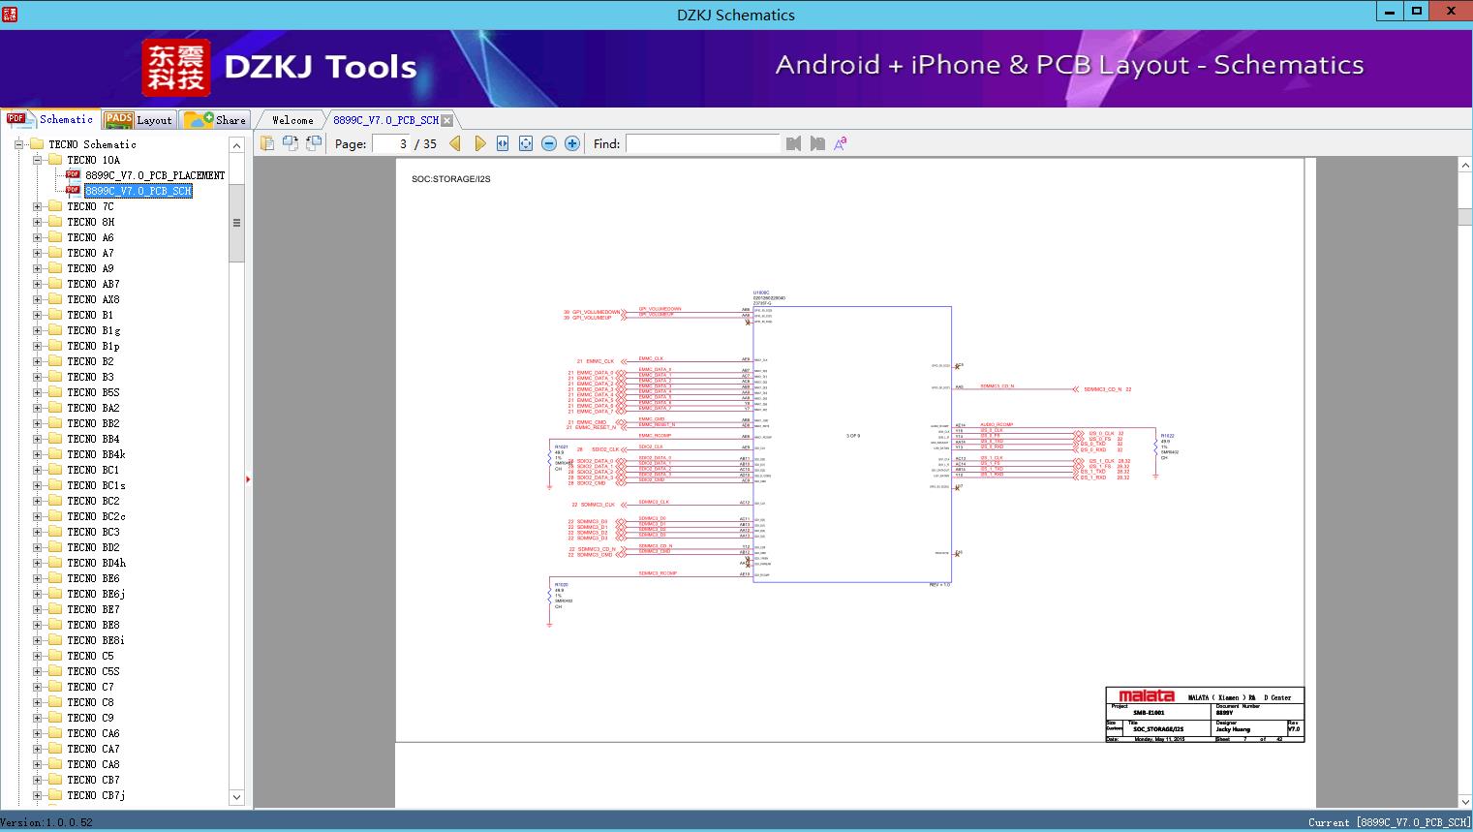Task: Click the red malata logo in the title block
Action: click(1146, 695)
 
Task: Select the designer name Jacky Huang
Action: click(1233, 729)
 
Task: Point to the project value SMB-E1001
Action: click(1149, 713)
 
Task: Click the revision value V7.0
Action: click(1294, 729)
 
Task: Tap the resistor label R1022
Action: click(1167, 436)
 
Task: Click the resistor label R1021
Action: click(561, 447)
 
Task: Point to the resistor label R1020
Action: click(561, 585)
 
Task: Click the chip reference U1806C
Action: click(761, 293)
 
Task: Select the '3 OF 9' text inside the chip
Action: click(852, 436)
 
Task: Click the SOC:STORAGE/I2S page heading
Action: click(450, 179)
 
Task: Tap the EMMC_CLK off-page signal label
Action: click(595, 361)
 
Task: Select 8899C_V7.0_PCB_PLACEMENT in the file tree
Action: click(154, 175)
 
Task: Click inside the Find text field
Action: click(702, 143)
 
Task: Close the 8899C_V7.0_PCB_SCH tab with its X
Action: click(446, 120)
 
